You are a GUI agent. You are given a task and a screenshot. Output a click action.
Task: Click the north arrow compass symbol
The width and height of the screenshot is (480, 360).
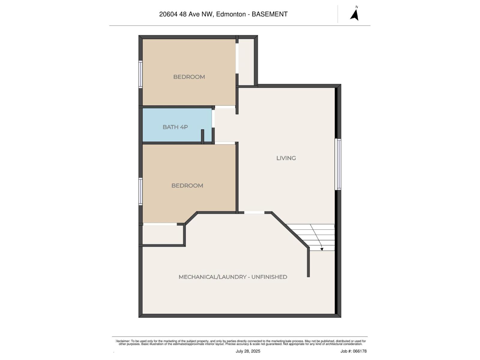(355, 14)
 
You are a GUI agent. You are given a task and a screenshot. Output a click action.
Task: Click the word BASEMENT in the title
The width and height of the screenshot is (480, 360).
(269, 14)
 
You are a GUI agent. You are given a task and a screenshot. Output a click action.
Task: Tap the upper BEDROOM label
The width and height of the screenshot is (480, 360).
(189, 77)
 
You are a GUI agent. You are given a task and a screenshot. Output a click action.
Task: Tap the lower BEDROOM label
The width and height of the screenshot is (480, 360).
(187, 186)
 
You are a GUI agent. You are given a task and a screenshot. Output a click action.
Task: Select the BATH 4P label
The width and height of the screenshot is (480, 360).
(175, 127)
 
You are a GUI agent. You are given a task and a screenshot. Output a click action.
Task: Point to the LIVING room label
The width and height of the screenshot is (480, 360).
(286, 158)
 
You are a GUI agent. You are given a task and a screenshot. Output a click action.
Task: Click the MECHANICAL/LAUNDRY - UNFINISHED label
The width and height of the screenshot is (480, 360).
(233, 277)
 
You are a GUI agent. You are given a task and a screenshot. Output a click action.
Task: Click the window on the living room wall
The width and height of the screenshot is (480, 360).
(338, 164)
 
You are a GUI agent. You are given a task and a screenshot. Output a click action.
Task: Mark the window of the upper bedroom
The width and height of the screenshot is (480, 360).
(140, 74)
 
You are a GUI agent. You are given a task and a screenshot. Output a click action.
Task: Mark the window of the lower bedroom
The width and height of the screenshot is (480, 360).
(140, 191)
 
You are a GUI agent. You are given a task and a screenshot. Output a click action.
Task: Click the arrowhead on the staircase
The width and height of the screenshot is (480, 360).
(322, 249)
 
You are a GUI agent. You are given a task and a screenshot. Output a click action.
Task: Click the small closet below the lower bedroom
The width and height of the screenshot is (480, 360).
(162, 235)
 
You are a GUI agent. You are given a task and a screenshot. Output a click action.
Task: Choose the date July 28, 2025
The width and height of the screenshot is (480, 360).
(248, 351)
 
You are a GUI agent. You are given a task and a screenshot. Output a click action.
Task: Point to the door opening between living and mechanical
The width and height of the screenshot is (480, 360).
(254, 212)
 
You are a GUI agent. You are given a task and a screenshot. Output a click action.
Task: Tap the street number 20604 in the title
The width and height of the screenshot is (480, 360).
(168, 14)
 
